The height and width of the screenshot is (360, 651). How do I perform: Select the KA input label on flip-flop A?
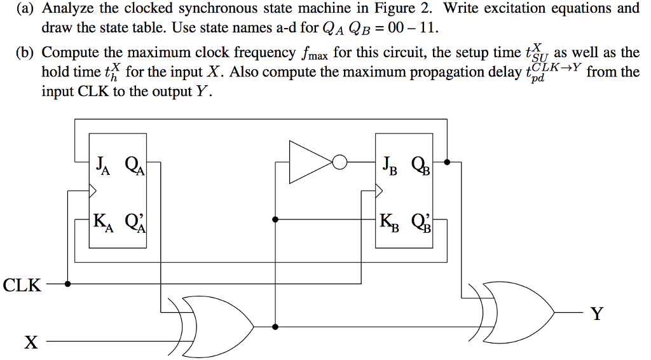pos(102,222)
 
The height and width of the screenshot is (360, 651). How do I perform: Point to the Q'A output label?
pos(135,222)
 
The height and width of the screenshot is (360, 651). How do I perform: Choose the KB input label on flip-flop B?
pos(390,222)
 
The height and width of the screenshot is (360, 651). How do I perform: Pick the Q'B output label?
pos(421,222)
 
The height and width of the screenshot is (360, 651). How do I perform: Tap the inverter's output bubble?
pos(340,163)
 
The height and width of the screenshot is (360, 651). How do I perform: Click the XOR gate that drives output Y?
pos(518,312)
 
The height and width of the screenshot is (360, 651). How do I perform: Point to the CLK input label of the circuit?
pos(22,285)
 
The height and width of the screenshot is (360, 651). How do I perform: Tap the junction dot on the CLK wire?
pos(68,284)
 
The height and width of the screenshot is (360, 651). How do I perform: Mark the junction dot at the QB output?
pos(448,162)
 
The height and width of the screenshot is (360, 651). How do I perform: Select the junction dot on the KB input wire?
pos(275,219)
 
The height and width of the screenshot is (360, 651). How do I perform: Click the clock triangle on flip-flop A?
pos(93,190)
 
